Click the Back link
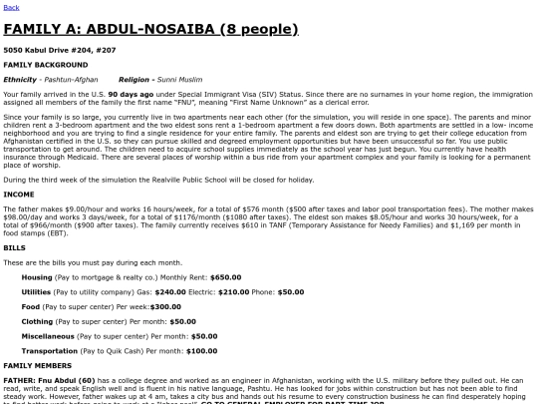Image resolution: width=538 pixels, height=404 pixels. [x=11, y=7]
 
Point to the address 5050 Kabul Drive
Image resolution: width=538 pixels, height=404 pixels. [x=60, y=48]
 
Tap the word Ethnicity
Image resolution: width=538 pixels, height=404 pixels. [x=20, y=78]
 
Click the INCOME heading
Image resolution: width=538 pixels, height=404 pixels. [x=19, y=194]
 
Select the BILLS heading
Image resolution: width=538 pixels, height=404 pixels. [x=15, y=246]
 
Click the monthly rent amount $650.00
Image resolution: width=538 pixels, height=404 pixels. [x=226, y=276]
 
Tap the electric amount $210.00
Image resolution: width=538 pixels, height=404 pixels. [x=233, y=291]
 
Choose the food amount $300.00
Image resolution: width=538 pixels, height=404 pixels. [x=164, y=306]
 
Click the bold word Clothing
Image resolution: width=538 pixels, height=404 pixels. [x=37, y=321]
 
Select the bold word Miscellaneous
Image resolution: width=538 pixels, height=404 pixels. [x=48, y=336]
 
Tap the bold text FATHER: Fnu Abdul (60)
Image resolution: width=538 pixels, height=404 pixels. [x=49, y=380]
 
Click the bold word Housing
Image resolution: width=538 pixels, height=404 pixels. [x=37, y=276]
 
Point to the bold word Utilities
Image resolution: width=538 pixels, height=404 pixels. [x=36, y=291]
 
